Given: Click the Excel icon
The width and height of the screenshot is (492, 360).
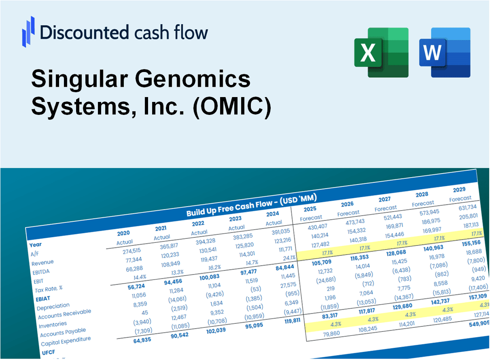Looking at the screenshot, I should click(381, 52).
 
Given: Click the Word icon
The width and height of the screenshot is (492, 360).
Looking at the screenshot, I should click(445, 52).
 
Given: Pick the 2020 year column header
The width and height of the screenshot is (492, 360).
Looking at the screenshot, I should click(123, 233).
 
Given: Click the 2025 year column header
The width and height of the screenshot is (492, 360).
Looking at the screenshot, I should click(310, 209).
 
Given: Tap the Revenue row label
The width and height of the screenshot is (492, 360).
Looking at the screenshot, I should click(42, 262).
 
